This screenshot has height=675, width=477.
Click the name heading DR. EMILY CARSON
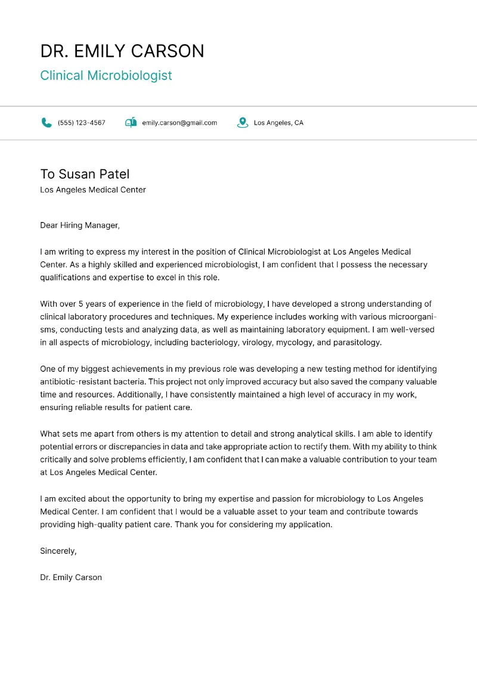122,51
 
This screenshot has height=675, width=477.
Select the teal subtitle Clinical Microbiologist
106,76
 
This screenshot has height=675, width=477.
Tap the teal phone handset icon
47,123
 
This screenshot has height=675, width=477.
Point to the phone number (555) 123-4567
82,123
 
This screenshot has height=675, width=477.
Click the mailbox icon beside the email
131,123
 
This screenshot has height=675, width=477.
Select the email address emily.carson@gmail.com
179,123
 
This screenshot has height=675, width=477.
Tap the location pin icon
242,123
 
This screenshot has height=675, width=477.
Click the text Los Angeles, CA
278,123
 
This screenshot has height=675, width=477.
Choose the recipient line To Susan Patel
85,174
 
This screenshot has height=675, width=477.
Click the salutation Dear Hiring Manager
79,226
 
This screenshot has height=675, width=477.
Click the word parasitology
356,343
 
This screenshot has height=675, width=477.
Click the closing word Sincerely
58,551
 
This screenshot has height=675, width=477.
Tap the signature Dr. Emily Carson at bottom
71,577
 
